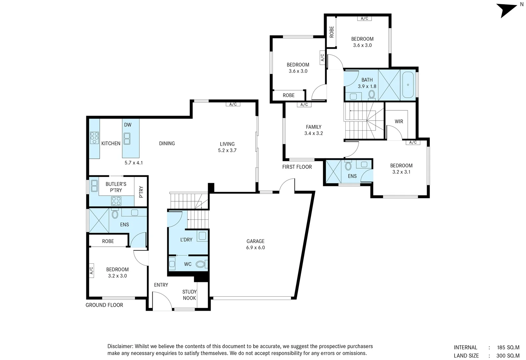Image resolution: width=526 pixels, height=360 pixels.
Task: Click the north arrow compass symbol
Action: tap(508, 11)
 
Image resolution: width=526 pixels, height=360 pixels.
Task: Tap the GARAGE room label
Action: tap(255, 241)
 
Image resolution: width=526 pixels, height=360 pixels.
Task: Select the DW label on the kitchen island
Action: tap(128, 125)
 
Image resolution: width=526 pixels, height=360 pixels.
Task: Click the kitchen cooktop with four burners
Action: tap(94, 138)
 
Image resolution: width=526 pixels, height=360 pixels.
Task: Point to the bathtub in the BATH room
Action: tap(408, 85)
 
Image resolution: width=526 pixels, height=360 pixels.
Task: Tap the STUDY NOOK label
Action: tap(189, 295)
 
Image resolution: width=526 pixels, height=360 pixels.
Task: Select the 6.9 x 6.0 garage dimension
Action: tap(255, 248)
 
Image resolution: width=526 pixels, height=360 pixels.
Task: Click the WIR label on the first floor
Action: tap(399, 121)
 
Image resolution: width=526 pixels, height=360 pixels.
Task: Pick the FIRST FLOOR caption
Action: tap(297, 167)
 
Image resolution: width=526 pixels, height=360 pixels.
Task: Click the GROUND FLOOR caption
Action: tap(104, 305)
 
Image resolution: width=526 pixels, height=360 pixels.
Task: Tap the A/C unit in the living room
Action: tap(233, 104)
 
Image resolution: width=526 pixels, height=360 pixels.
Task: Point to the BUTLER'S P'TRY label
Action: tap(116, 187)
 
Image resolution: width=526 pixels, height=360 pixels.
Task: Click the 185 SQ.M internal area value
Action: tap(508, 347)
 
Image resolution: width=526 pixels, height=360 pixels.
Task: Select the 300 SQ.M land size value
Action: tap(508, 356)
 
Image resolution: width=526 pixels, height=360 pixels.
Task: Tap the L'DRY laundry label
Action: tap(186, 240)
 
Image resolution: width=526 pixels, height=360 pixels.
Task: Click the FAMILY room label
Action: tap(313, 127)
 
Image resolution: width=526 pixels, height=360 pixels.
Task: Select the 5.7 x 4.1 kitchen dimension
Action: tap(134, 163)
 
